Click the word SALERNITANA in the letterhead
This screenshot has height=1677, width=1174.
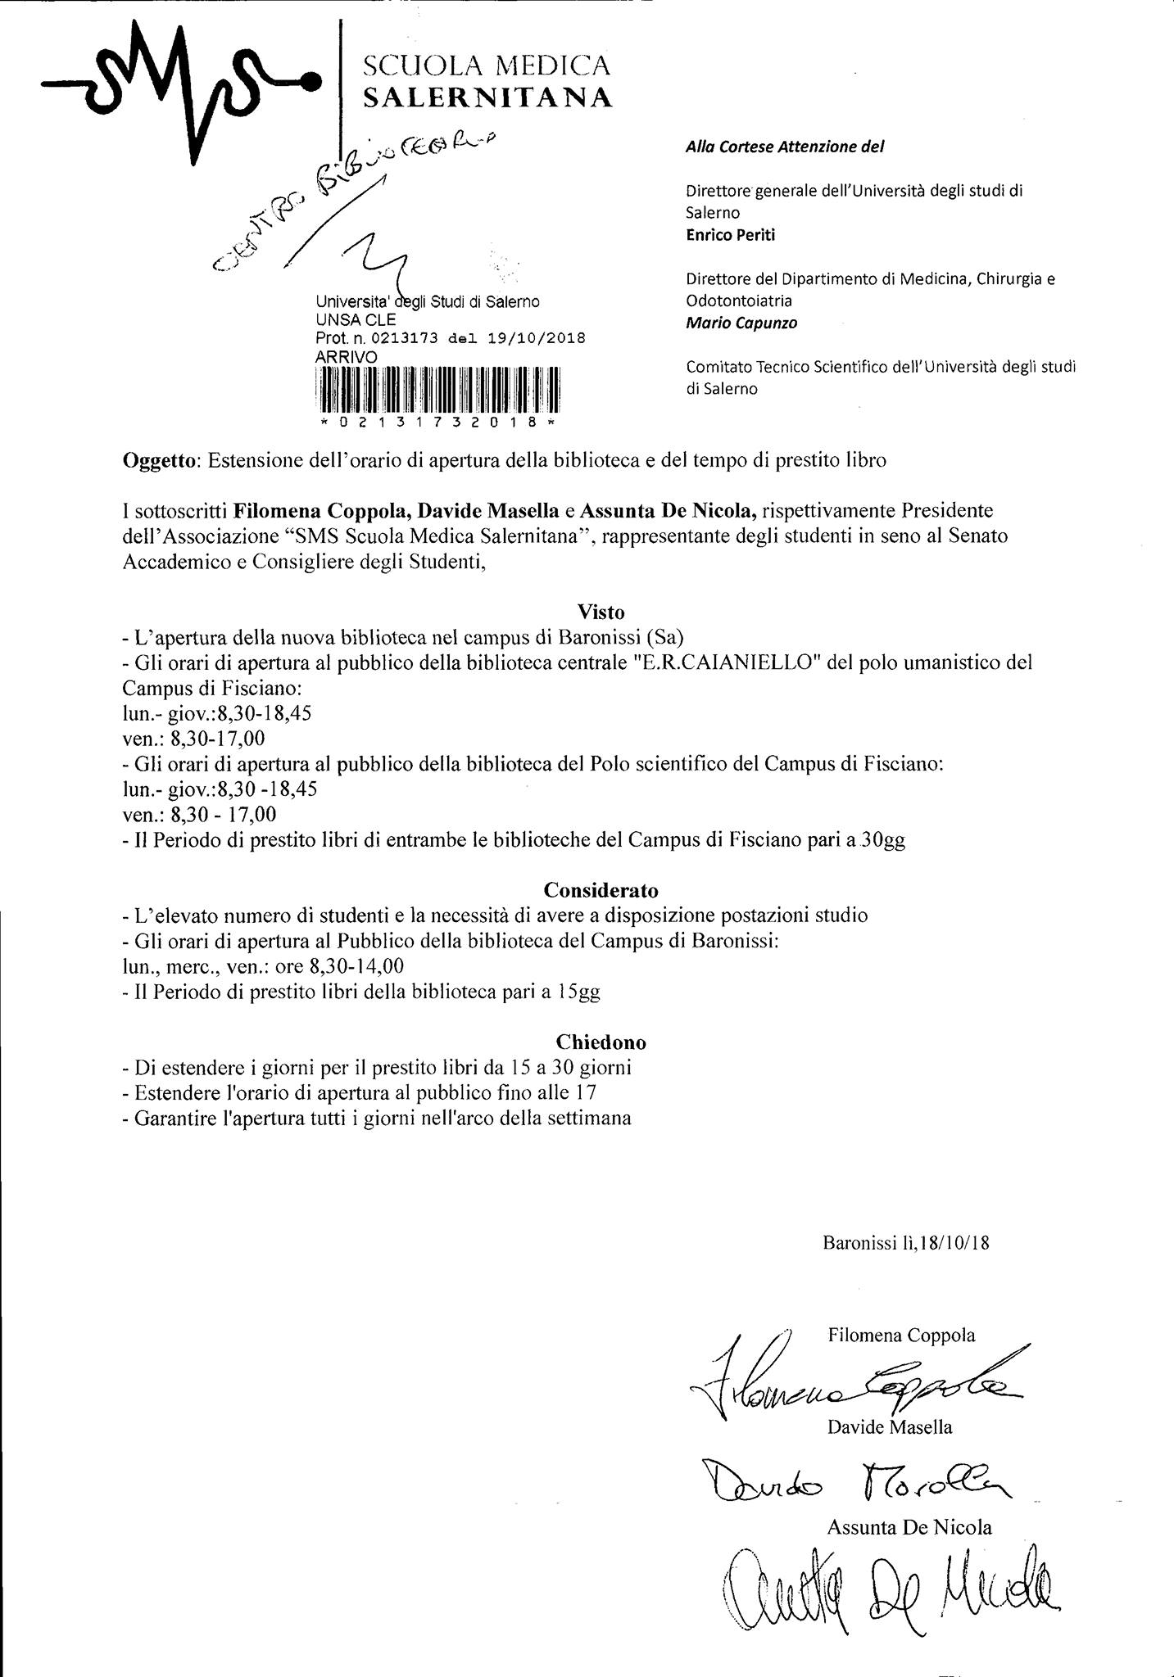tap(487, 98)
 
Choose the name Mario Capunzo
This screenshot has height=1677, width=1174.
tap(741, 323)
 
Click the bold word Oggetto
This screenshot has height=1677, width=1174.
tap(159, 460)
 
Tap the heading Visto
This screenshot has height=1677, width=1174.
tap(601, 612)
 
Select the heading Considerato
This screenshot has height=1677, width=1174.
tap(601, 890)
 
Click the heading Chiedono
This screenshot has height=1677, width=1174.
tap(601, 1042)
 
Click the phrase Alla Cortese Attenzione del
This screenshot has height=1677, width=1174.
tap(784, 147)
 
